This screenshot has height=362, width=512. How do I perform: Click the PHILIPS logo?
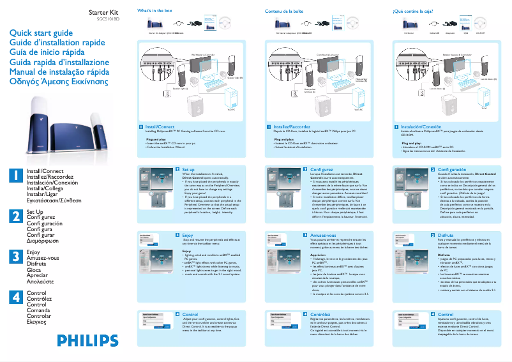89,341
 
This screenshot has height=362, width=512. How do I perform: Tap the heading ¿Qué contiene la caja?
418,11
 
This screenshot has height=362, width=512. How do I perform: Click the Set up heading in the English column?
188,169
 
